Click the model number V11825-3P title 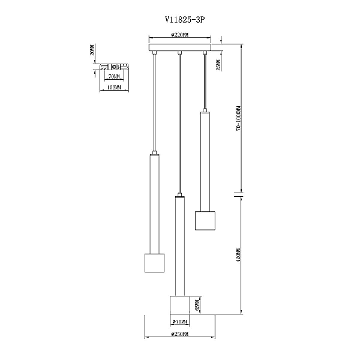pos(185,20)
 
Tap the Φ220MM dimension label pos(179,35)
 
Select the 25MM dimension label pos(218,65)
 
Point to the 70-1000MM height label pos(239,118)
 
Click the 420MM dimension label pos(238,255)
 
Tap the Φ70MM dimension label pos(179,322)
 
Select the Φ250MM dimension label pos(180,334)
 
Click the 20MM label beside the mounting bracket pos(92,50)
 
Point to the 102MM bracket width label pos(114,88)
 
